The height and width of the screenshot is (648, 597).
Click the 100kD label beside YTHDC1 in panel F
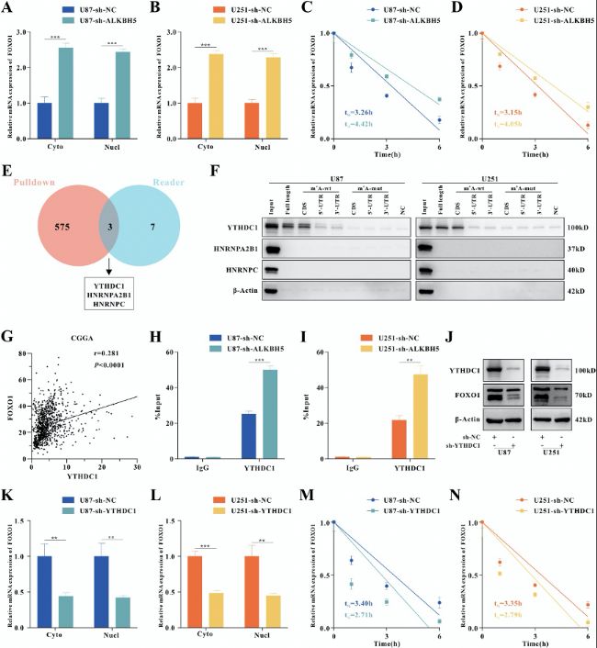580,224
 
